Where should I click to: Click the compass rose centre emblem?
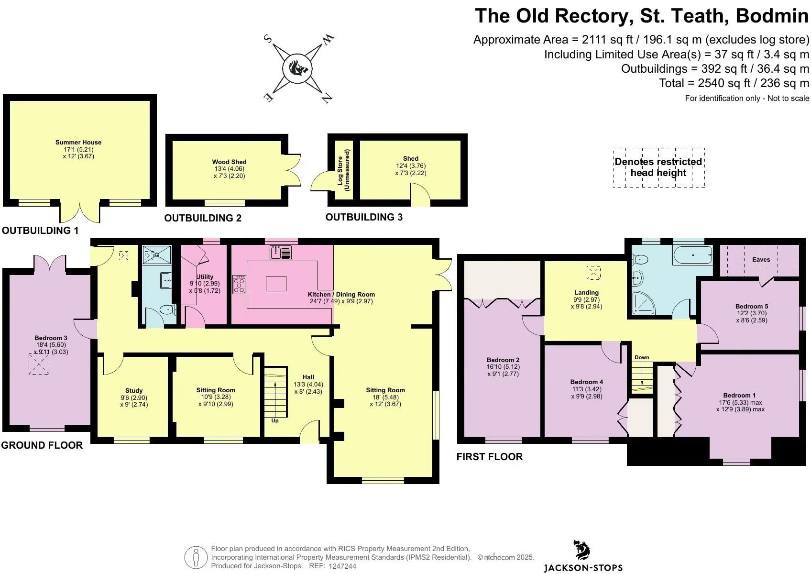click(297, 68)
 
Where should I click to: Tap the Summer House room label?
click(78, 143)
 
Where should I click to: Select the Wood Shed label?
click(229, 162)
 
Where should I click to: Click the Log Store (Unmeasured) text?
click(343, 170)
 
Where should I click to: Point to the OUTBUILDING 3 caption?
click(364, 217)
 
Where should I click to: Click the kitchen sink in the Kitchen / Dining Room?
click(281, 253)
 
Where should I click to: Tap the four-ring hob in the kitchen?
click(239, 284)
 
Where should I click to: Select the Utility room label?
click(205, 276)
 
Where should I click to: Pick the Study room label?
click(134, 390)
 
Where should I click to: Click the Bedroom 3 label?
click(51, 338)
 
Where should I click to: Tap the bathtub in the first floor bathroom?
click(693, 255)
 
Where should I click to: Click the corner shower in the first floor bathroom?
click(643, 302)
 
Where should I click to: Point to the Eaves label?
click(761, 259)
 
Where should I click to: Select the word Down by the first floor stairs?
click(642, 357)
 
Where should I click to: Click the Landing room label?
click(587, 293)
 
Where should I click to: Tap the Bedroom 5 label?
click(752, 307)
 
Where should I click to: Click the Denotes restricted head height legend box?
click(658, 167)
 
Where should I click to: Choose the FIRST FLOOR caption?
click(490, 457)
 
